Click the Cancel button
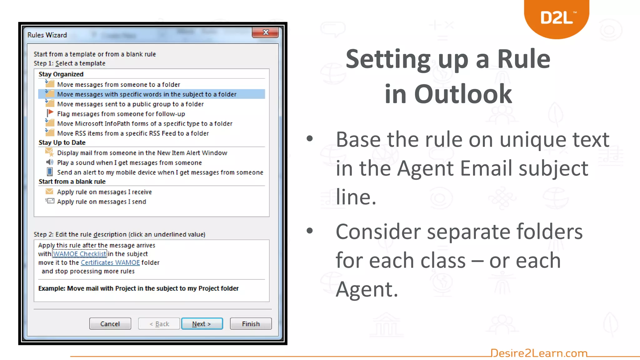click(x=110, y=324)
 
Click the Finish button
click(x=251, y=324)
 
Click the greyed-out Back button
click(x=159, y=324)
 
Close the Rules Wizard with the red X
click(x=265, y=32)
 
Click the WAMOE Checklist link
click(x=79, y=254)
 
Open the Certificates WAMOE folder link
click(x=110, y=263)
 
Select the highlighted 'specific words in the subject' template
click(x=147, y=94)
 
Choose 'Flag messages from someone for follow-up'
click(x=121, y=114)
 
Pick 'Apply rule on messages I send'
click(x=101, y=202)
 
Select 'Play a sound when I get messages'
click(x=129, y=163)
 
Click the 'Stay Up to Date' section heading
click(x=62, y=143)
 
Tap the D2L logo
click(x=557, y=18)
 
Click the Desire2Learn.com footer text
click(x=539, y=353)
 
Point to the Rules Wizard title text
click(x=47, y=35)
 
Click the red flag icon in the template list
click(x=50, y=113)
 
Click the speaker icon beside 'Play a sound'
click(x=50, y=162)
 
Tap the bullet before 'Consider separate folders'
click(x=310, y=231)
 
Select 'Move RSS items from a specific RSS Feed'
click(x=133, y=133)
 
